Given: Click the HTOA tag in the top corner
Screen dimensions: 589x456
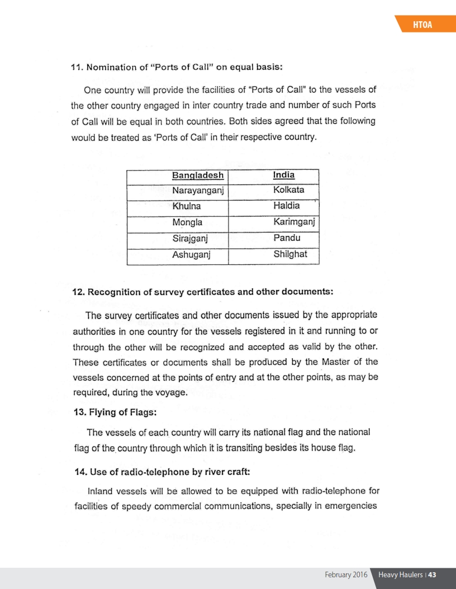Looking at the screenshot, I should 426,25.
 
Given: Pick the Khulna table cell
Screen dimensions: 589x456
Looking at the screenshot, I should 187,207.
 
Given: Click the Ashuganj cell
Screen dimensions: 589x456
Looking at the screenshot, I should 192,255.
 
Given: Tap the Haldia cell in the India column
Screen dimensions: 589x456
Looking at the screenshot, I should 286,207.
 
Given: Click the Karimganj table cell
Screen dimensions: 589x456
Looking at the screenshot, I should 294,223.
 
